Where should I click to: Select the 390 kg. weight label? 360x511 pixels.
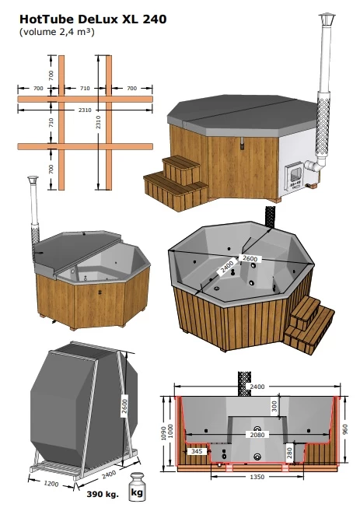(x=103, y=494)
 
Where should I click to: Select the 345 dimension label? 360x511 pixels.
(x=197, y=451)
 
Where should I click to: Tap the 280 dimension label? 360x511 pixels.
(x=289, y=451)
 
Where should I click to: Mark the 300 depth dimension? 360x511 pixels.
(x=273, y=405)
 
